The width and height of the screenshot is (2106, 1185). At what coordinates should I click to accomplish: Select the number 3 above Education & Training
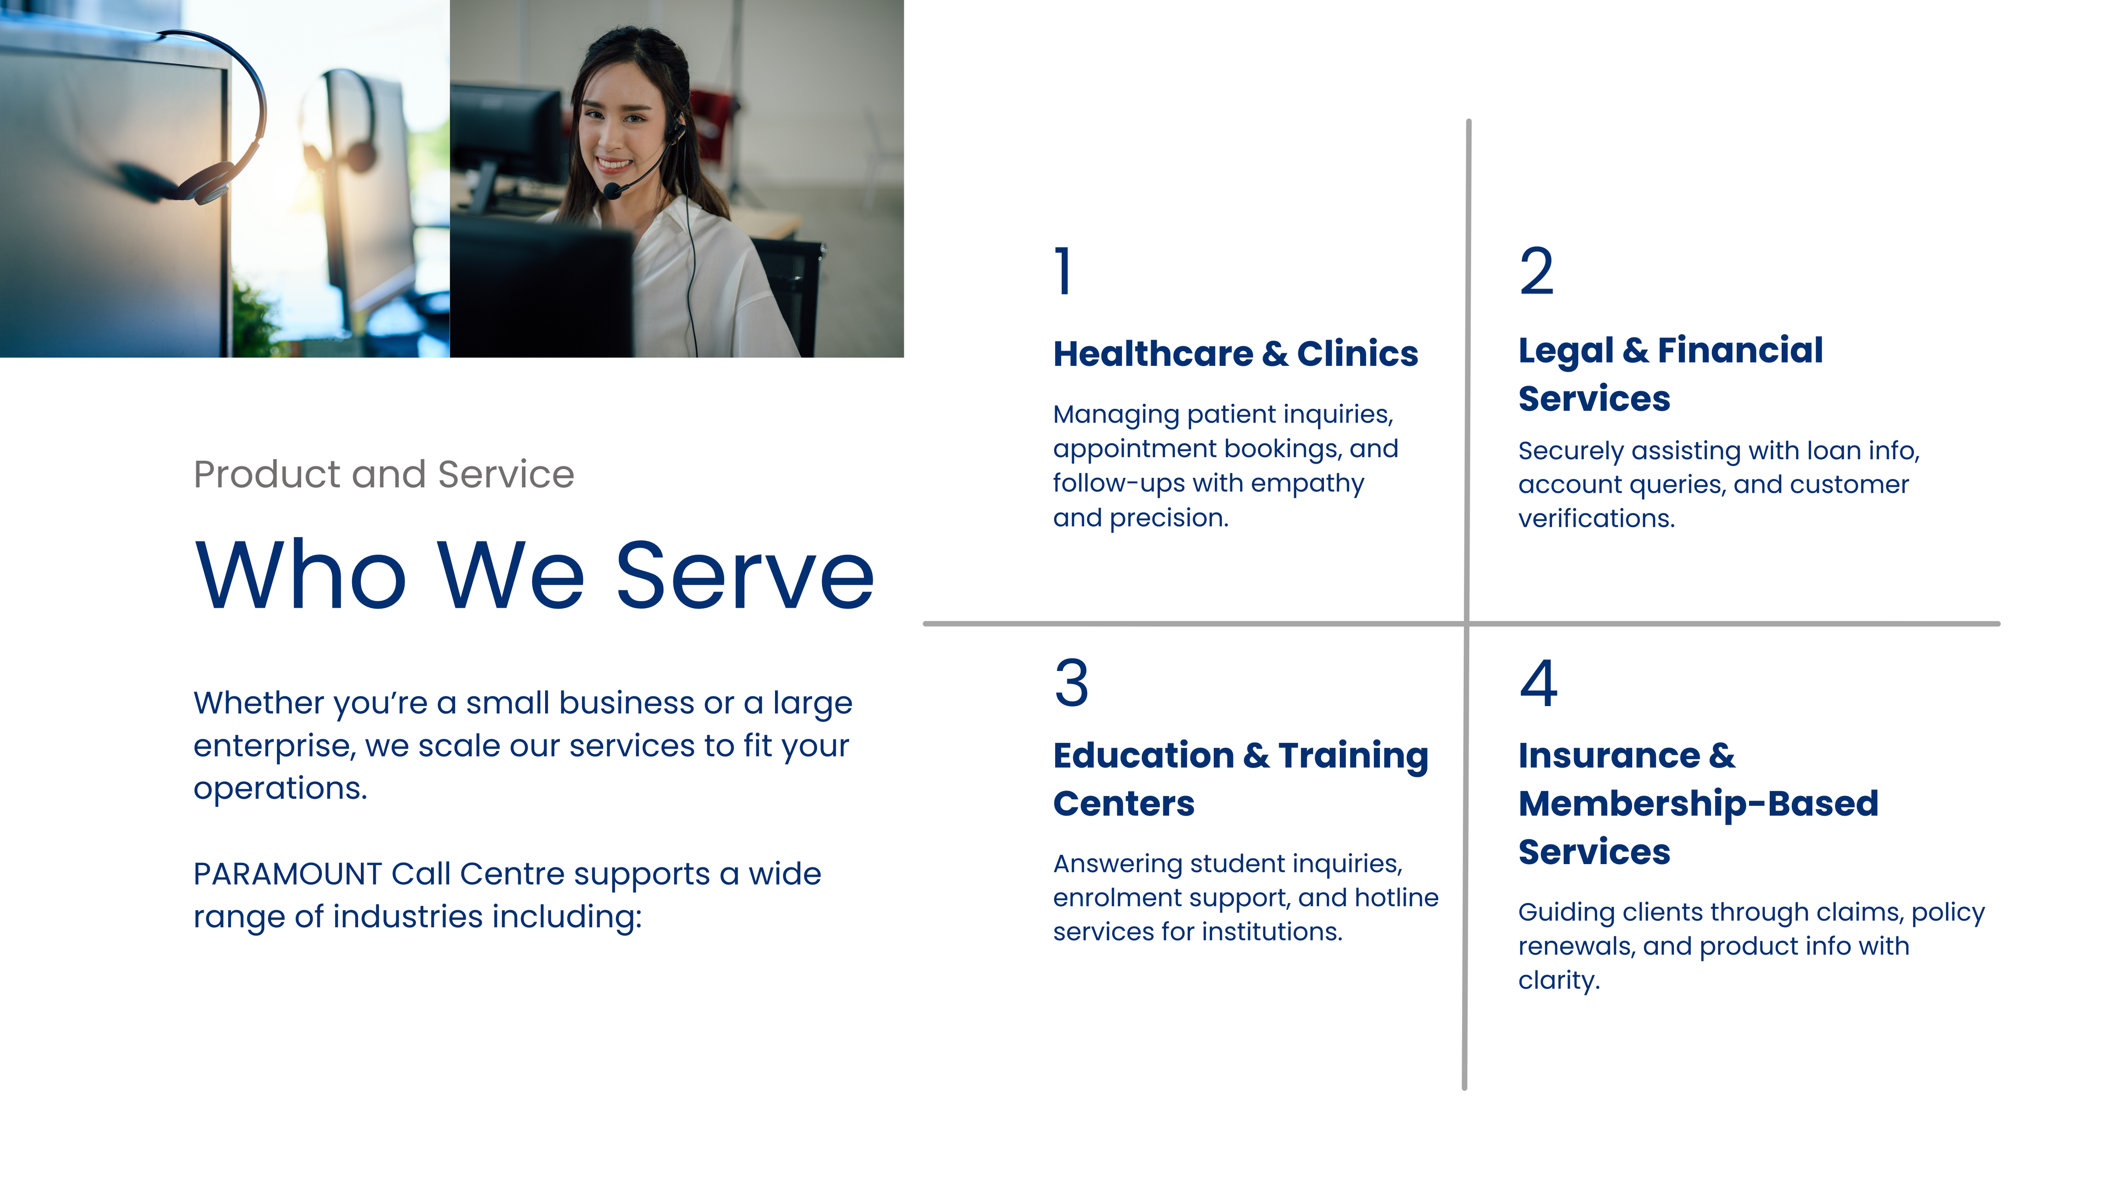[1071, 683]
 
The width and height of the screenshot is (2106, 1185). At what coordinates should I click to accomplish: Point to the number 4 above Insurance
[1538, 683]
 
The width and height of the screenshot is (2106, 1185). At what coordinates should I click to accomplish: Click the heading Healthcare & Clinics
[1235, 353]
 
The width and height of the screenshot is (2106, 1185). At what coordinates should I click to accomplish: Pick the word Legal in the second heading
[1566, 352]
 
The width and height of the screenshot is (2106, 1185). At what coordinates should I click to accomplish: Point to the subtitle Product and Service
[383, 475]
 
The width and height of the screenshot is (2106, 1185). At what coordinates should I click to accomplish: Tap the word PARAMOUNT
[287, 874]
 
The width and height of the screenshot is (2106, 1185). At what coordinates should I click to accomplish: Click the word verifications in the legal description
[1596, 518]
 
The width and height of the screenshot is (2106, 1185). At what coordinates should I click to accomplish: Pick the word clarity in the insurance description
[1558, 980]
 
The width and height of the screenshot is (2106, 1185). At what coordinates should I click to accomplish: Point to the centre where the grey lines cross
[1467, 624]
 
